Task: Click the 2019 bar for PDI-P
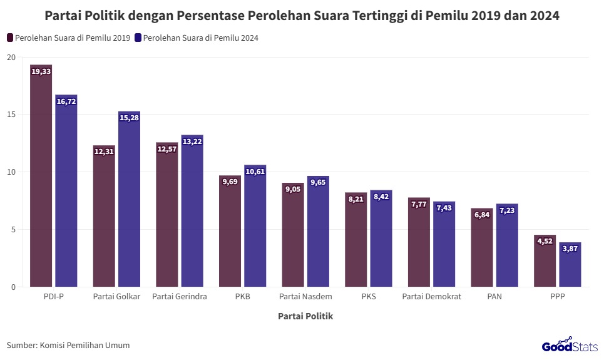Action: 41,182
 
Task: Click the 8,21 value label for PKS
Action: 356,199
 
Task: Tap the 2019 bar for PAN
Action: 482,250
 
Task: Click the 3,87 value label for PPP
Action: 570,249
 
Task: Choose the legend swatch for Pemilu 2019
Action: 10,38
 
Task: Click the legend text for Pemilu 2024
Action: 200,38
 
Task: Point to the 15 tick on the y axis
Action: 11,115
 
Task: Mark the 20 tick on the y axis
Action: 11,57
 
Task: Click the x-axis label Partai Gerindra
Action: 180,297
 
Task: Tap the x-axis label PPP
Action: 557,297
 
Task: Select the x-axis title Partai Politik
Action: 305,317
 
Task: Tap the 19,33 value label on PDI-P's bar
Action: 41,72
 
